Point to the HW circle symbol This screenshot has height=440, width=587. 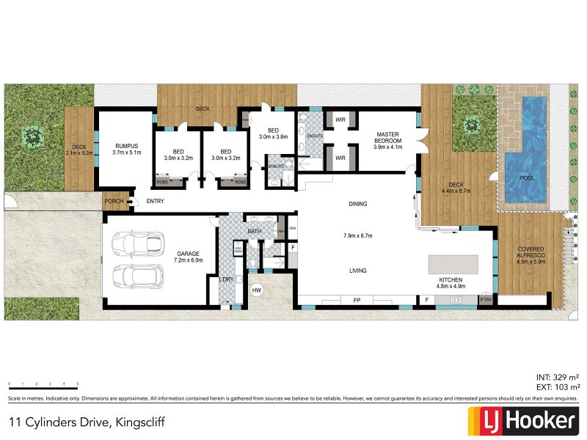click(x=256, y=291)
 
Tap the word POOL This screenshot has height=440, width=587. click(x=527, y=178)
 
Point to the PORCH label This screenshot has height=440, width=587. click(x=114, y=201)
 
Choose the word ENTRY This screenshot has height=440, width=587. click(x=155, y=201)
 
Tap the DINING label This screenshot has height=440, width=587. click(x=357, y=204)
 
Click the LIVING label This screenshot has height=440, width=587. click(x=357, y=271)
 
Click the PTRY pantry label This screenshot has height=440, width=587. click(x=485, y=300)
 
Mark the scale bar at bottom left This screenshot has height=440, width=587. click(x=43, y=385)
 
